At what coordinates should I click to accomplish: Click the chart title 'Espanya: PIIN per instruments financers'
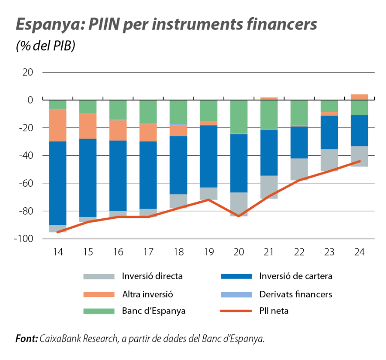click(166, 25)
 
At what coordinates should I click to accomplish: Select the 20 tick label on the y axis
click(27, 72)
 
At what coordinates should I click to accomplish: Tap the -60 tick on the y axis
click(25, 183)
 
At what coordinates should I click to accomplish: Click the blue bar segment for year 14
click(57, 182)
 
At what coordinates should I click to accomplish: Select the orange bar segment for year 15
click(87, 126)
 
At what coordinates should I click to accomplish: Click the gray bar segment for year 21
click(269, 187)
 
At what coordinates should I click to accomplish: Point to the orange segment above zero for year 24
click(359, 97)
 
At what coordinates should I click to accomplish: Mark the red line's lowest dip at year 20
click(239, 216)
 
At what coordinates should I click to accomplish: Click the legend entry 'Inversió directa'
click(152, 276)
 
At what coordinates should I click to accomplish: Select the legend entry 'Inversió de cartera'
click(296, 276)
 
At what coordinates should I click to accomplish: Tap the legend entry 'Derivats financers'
click(296, 294)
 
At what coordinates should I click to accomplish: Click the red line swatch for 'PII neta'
click(235, 311)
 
